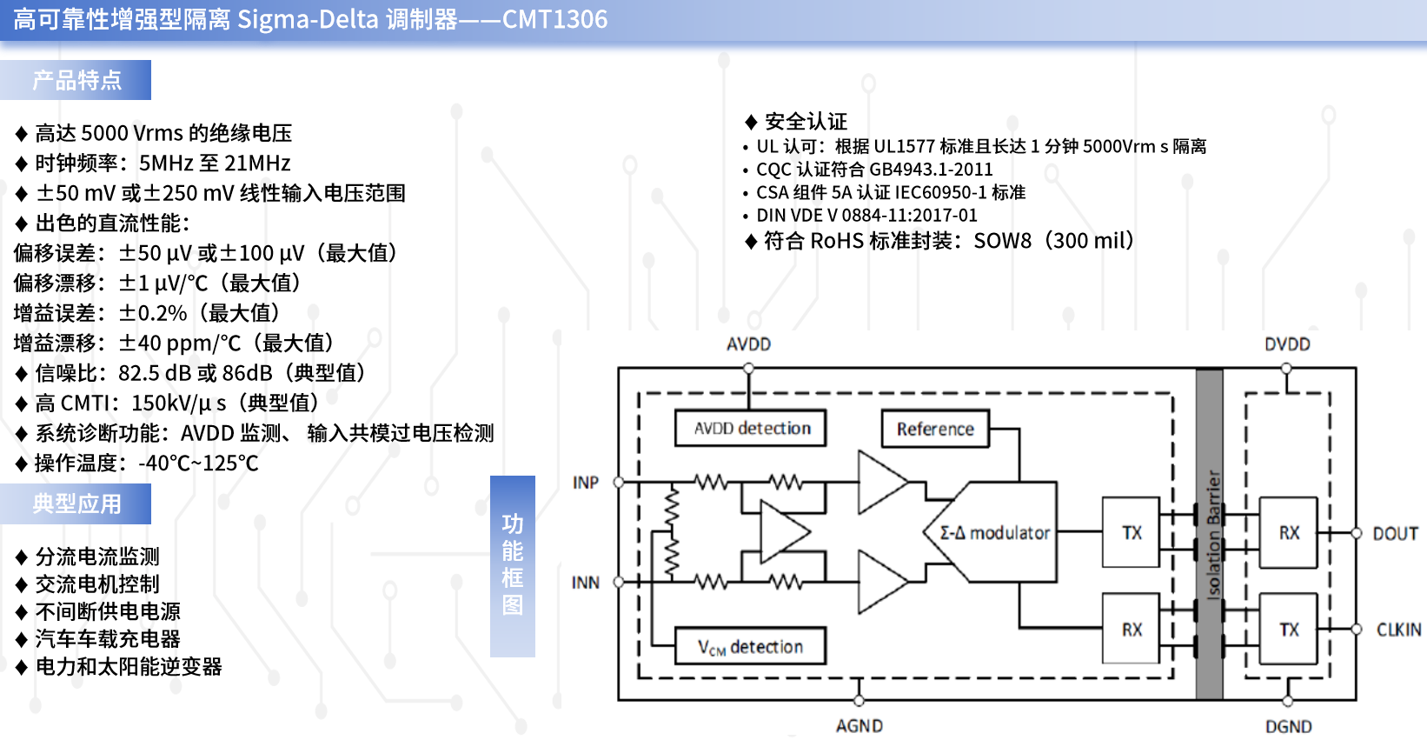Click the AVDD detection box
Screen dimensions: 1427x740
click(x=750, y=429)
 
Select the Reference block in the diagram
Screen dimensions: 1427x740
click(x=935, y=429)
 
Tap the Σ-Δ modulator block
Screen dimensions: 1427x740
click(x=992, y=532)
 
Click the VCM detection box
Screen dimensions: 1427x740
click(x=750, y=646)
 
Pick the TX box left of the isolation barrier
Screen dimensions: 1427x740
click(x=1131, y=532)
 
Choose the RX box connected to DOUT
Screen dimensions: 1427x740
click(x=1288, y=532)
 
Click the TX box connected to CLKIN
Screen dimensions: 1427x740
click(x=1288, y=629)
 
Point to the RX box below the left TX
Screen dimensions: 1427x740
click(x=1131, y=629)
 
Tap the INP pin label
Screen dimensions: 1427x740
click(x=586, y=483)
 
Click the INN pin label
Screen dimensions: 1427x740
click(x=586, y=583)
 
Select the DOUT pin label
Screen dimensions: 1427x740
click(x=1395, y=534)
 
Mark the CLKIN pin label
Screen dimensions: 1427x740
click(x=1398, y=630)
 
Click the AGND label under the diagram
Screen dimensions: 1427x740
click(x=860, y=726)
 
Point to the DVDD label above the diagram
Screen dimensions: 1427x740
click(x=1287, y=344)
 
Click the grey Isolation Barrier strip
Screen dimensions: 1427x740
click(x=1209, y=534)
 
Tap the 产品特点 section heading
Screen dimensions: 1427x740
click(x=76, y=80)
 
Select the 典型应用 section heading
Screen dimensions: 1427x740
click(x=76, y=503)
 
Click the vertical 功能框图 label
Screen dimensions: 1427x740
click(x=512, y=565)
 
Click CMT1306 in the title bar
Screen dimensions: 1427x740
click(x=554, y=19)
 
